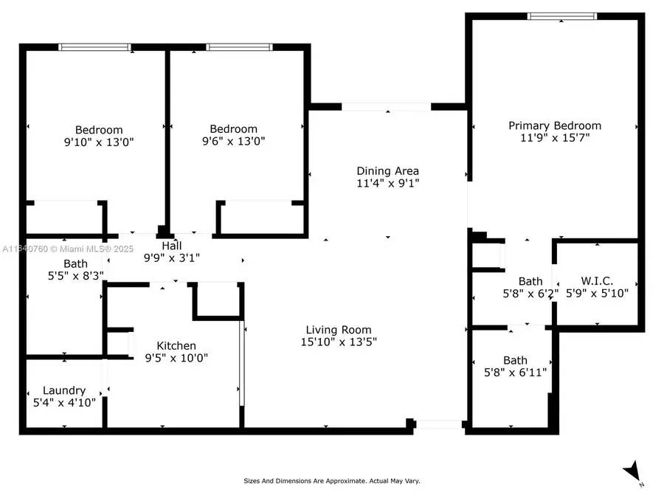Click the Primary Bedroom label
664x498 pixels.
click(x=554, y=125)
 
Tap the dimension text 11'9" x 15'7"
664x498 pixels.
click(x=554, y=137)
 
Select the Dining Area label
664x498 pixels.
click(x=387, y=171)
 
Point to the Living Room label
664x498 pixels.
click(x=339, y=330)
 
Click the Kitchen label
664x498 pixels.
click(x=176, y=345)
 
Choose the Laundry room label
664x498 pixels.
click(x=64, y=390)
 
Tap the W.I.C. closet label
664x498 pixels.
click(x=597, y=281)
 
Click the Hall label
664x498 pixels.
click(x=171, y=246)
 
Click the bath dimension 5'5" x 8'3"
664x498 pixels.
click(x=64, y=275)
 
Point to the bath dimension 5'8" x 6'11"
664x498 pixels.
click(x=515, y=373)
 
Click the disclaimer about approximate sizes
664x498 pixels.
click(x=332, y=480)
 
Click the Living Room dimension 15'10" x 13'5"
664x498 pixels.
click(x=339, y=342)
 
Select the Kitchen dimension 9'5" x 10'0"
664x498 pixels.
click(x=176, y=358)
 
